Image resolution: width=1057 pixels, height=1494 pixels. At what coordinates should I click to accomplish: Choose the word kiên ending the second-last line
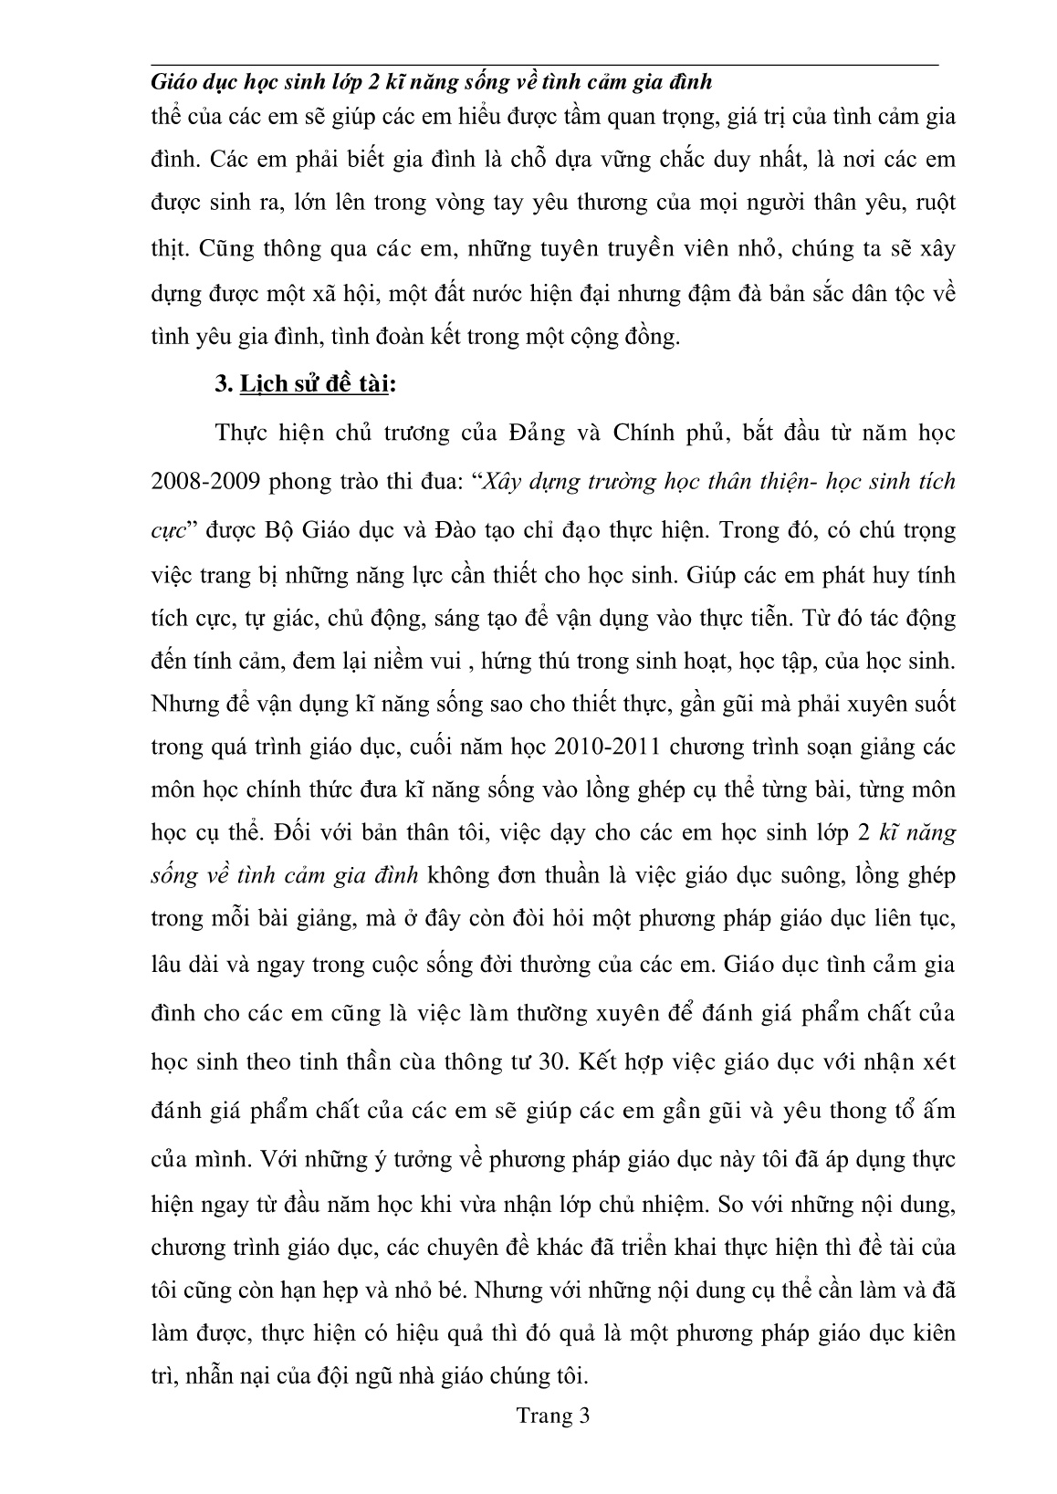pos(932,1332)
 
